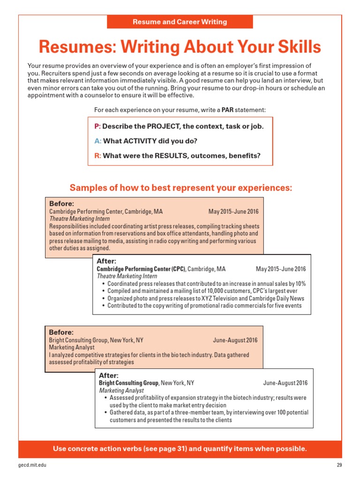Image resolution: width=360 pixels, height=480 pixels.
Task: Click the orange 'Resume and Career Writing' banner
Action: tap(180, 22)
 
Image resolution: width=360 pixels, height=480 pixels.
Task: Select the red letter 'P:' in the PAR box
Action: tap(97, 127)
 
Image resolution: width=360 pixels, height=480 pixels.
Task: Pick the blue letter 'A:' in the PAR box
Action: tap(97, 141)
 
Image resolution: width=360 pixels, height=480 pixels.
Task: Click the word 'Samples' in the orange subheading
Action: tap(88, 188)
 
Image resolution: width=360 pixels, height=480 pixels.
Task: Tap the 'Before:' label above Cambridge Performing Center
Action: tap(61, 204)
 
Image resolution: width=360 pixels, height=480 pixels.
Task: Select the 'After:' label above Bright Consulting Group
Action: tap(108, 375)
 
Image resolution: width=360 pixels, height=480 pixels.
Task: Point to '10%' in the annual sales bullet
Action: tap(300, 284)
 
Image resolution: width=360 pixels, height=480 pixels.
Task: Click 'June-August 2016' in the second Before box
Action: tap(235, 340)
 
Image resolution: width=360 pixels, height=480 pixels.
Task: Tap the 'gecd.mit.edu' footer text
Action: tap(32, 465)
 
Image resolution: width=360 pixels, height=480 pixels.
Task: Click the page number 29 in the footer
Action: tap(340, 465)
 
